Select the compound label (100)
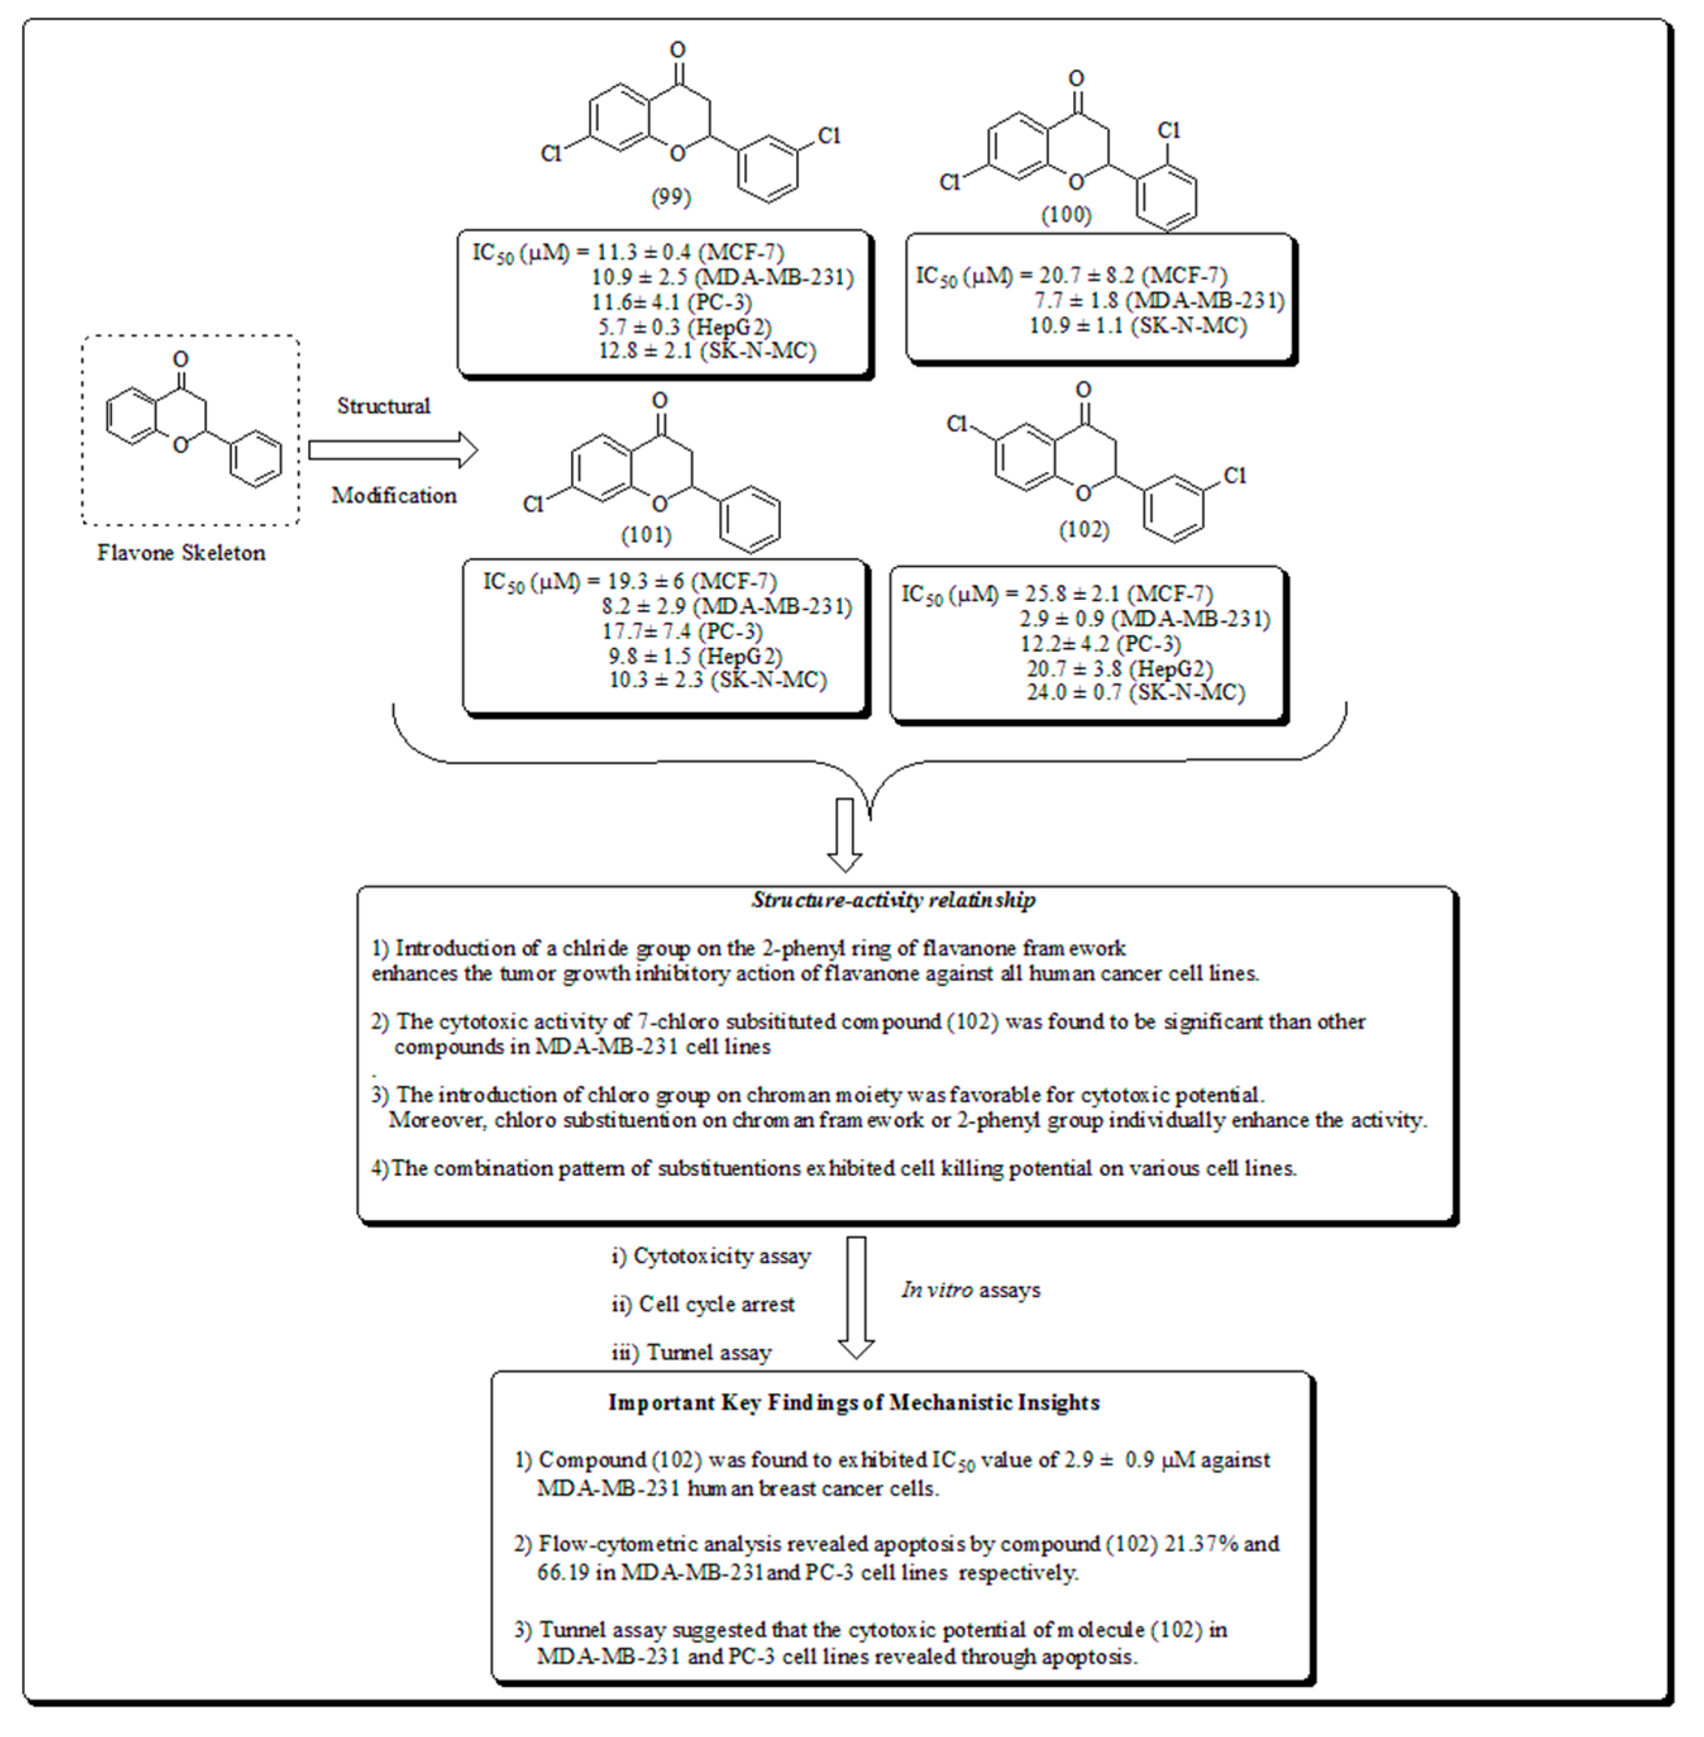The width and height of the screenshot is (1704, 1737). pyautogui.click(x=1066, y=215)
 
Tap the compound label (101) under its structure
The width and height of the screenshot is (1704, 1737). pyautogui.click(x=646, y=535)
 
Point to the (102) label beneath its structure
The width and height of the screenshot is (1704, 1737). pyautogui.click(x=1084, y=530)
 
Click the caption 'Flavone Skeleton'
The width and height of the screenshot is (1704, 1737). pyautogui.click(x=181, y=553)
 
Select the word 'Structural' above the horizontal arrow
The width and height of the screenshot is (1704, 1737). pyautogui.click(x=383, y=406)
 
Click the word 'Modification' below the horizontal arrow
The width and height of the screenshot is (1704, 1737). pyautogui.click(x=394, y=496)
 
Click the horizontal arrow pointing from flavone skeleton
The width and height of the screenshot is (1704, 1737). pyautogui.click(x=392, y=450)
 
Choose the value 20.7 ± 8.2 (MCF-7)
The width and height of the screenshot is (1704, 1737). pyautogui.click(x=1133, y=276)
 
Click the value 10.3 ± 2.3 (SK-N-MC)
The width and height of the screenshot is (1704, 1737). pyautogui.click(x=718, y=680)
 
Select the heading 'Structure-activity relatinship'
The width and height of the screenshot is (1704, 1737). pyautogui.click(x=893, y=900)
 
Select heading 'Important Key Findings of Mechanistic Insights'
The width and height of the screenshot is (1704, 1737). pyautogui.click(x=854, y=1403)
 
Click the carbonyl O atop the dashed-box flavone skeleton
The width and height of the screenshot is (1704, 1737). pyautogui.click(x=181, y=360)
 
